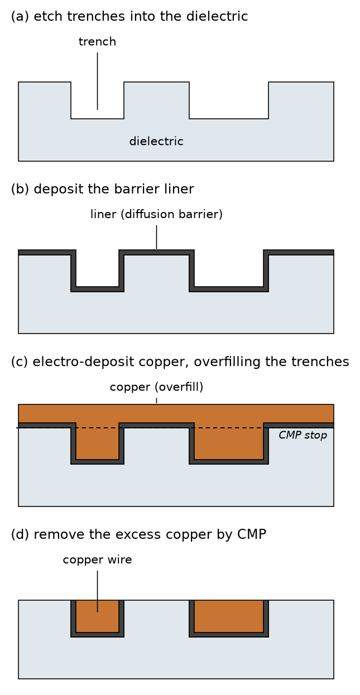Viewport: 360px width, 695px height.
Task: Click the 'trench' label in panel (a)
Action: (x=97, y=42)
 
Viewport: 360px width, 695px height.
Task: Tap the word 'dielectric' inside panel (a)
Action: (x=156, y=141)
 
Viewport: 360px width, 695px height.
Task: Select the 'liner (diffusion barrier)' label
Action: (x=156, y=214)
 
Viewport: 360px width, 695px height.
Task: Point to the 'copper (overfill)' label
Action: (x=156, y=387)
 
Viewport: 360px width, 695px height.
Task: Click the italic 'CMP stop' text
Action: (x=303, y=435)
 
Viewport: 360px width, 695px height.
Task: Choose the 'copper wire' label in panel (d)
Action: (x=97, y=559)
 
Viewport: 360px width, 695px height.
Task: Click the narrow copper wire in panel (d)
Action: (x=98, y=616)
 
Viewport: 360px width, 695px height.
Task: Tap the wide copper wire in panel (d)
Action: (x=229, y=616)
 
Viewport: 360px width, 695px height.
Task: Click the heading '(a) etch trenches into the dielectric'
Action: (x=129, y=16)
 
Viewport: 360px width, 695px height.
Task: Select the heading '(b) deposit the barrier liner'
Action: (x=102, y=189)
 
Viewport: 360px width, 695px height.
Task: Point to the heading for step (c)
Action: (x=180, y=362)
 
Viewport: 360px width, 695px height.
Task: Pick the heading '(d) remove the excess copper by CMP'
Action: (x=138, y=534)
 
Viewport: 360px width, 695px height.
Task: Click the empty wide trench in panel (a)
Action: (x=229, y=100)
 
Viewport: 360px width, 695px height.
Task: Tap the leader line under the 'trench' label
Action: (x=98, y=81)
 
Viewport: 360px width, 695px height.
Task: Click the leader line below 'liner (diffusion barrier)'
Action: (x=156, y=237)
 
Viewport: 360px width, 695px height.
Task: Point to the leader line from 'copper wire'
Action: (x=98, y=591)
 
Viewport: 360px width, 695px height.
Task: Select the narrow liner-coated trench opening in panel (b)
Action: (x=98, y=268)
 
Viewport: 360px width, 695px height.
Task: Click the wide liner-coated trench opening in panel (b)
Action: (x=229, y=268)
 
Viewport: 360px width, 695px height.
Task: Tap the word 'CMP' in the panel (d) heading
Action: (x=252, y=534)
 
